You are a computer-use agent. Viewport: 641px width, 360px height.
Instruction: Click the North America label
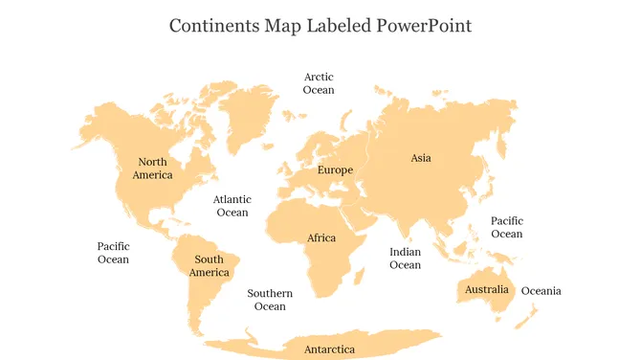coord(152,169)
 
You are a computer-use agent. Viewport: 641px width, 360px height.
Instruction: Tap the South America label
coord(209,266)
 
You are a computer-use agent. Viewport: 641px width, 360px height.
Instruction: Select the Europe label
coord(335,170)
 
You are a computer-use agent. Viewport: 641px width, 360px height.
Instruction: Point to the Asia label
coord(421,158)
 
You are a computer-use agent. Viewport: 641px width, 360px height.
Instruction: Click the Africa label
coord(321,238)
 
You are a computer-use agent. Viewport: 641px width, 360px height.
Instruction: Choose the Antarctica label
coord(329,349)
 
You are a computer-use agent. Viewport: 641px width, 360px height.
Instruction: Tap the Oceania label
coord(541,291)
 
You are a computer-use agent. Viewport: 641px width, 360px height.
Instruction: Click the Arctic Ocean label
coord(319,83)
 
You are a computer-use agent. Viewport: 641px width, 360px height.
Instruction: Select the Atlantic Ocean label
coord(232,206)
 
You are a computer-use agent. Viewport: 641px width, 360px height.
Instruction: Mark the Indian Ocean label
coord(405,259)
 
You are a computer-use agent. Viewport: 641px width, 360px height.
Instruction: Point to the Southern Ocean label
coord(270,300)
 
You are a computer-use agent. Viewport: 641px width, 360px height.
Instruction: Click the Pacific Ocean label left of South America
coord(113,253)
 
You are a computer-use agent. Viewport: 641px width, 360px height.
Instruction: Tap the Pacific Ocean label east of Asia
coord(506,228)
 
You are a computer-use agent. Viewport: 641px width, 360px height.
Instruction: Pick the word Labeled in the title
coord(334,25)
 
